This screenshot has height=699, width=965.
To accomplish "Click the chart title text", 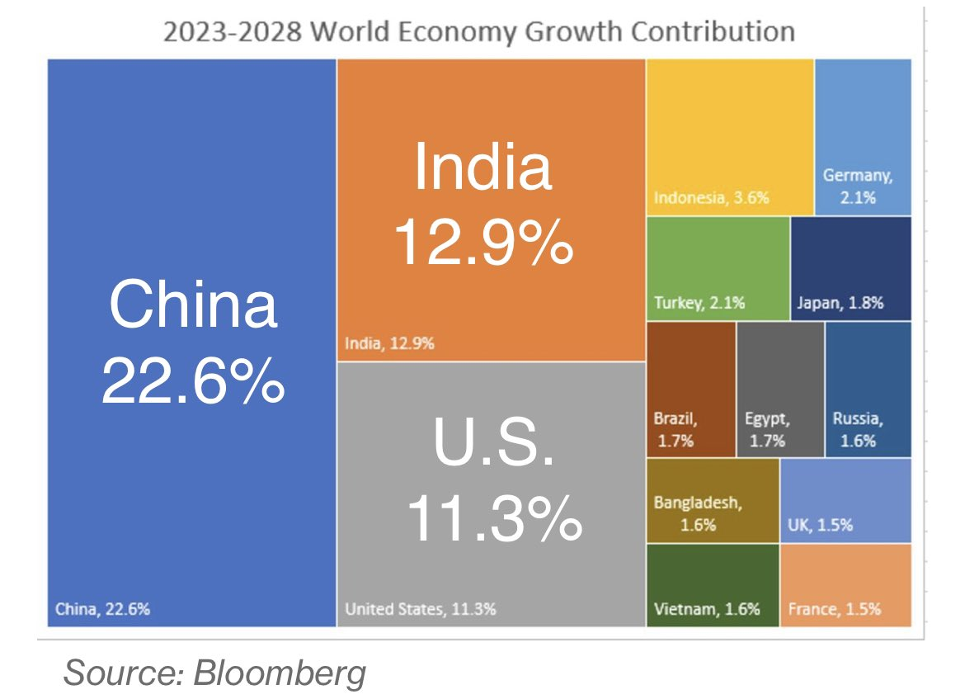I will tap(478, 32).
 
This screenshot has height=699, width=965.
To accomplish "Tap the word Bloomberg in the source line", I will tap(280, 673).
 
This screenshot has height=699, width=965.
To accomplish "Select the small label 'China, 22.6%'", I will tap(102, 610).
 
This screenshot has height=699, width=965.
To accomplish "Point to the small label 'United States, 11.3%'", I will tap(420, 610).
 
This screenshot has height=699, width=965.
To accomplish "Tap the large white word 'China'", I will tap(192, 303).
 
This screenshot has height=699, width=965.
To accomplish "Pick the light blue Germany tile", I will tap(863, 136).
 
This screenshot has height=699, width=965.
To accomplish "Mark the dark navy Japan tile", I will tap(850, 268).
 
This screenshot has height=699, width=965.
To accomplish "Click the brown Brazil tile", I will tap(690, 389).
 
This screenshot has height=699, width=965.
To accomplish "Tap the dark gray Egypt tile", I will tap(779, 389).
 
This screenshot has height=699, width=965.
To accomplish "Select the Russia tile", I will tap(868, 389).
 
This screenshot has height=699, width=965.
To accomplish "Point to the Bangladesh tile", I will tap(713, 500).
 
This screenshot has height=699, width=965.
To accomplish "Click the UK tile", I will tap(845, 500).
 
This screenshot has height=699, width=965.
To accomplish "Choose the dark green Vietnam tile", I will tap(713, 584).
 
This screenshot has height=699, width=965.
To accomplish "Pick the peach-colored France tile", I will tap(845, 584).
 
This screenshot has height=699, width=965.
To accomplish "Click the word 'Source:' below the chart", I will tap(123, 673).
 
